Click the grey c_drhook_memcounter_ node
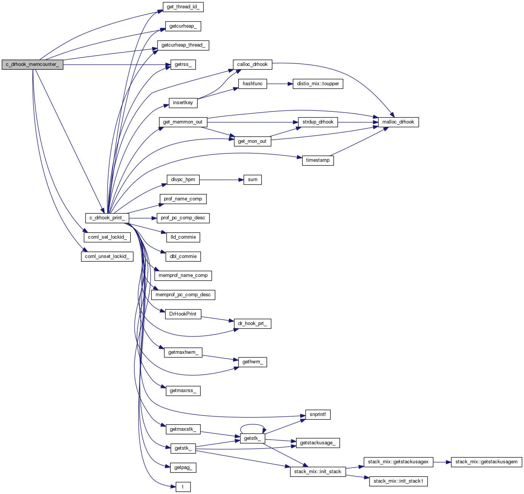click(32, 64)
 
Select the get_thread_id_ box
click(183, 7)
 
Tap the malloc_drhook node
click(398, 122)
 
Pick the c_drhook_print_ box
click(107, 218)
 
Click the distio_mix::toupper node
click(318, 84)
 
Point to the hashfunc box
click(253, 84)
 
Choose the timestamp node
click(318, 160)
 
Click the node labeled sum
click(253, 180)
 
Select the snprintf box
click(318, 414)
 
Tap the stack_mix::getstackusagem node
click(486, 462)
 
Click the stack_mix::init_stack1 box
click(398, 481)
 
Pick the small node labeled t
click(183, 487)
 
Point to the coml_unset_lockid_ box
click(107, 256)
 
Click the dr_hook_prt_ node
click(253, 324)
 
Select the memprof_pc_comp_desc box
click(183, 295)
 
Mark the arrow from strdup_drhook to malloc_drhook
click(358, 122)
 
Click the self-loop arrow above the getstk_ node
click(253, 425)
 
